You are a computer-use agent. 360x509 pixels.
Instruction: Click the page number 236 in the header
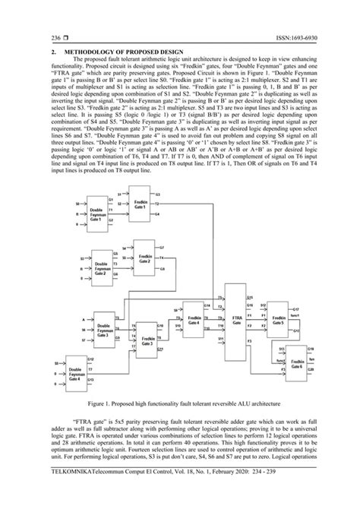click(x=33, y=37)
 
